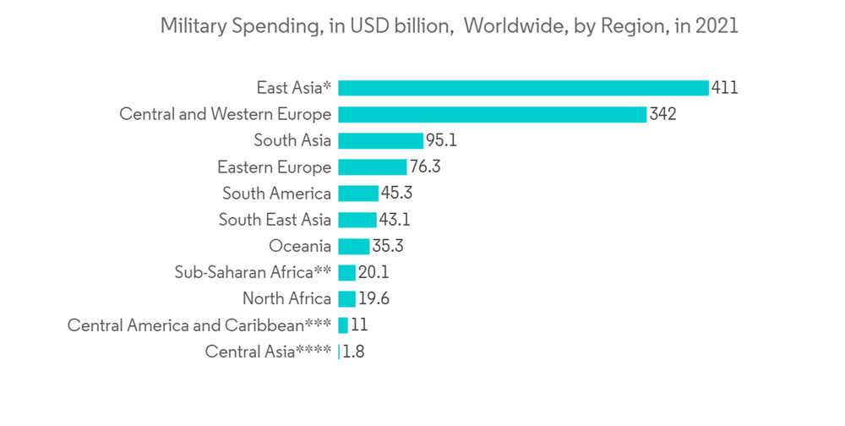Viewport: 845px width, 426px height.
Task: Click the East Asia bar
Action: [x=523, y=88]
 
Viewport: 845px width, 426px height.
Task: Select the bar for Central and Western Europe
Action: [x=492, y=114]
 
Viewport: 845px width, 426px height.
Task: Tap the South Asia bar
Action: [x=380, y=140]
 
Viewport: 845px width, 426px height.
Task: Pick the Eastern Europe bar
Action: [x=372, y=167]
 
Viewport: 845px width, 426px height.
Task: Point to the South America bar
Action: [x=358, y=194]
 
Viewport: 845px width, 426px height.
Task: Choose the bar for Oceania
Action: [x=353, y=246]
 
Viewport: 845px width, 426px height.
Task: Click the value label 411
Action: [x=725, y=88]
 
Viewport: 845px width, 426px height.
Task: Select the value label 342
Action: [x=663, y=114]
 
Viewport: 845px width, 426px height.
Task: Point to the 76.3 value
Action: [x=425, y=167]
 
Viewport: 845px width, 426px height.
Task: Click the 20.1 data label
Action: [x=373, y=272]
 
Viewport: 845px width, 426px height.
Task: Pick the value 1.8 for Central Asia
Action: [x=354, y=352]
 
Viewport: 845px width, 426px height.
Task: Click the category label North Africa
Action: [x=286, y=298]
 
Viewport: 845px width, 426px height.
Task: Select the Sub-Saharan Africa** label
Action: [x=253, y=272]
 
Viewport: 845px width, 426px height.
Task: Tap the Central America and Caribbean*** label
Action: [x=199, y=325]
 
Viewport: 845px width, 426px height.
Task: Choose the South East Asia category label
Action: [x=275, y=220]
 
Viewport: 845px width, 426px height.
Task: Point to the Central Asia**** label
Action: [x=268, y=352]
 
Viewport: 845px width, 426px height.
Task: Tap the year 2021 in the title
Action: [x=717, y=26]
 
